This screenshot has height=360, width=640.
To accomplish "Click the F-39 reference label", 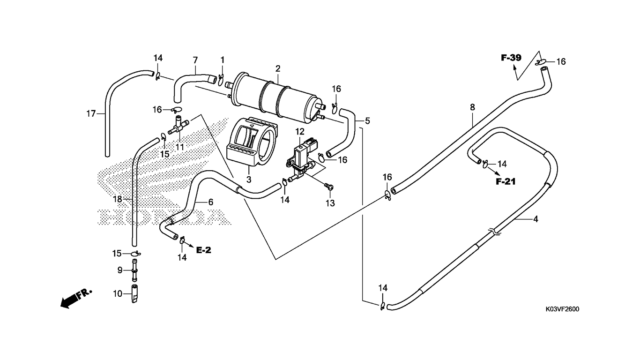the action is [x=511, y=58].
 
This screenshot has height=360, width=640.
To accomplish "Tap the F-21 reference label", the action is [x=506, y=181].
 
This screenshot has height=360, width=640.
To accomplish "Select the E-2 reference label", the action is [x=204, y=250].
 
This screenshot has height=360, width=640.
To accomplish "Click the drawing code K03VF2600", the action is [x=563, y=309].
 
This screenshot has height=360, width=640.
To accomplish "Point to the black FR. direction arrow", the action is [x=76, y=299].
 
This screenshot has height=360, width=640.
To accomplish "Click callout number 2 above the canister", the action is [x=278, y=68].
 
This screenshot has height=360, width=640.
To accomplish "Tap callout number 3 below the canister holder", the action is [x=249, y=180].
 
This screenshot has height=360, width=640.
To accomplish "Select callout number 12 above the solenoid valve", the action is [x=300, y=132].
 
